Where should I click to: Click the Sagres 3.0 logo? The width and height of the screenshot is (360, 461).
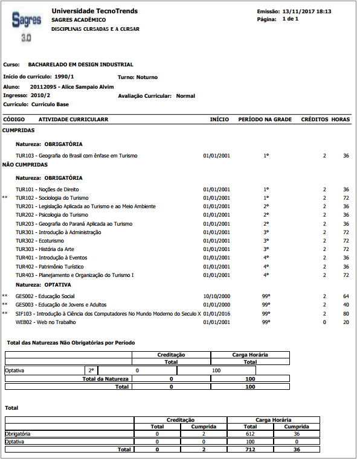point(27,26)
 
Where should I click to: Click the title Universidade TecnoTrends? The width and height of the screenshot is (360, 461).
point(94,11)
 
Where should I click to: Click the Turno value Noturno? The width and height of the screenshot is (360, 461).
point(146,77)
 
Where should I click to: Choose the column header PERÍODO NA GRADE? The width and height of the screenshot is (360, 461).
point(265,119)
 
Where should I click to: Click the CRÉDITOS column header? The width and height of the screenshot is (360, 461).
point(314,119)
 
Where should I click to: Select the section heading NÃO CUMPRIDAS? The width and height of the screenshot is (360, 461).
point(25,164)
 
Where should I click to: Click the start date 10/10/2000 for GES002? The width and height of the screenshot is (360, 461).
point(216,296)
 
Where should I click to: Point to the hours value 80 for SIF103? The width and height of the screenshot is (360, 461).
point(346,314)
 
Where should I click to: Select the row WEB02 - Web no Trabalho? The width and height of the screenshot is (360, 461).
point(47,322)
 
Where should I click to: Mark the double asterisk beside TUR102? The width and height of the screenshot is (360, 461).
point(5,198)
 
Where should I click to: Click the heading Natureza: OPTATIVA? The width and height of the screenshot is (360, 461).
point(43,284)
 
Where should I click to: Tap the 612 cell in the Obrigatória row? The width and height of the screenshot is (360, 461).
point(249,433)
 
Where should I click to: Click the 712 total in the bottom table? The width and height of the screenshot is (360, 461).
point(249,450)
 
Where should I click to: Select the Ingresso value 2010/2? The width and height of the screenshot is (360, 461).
point(40,95)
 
